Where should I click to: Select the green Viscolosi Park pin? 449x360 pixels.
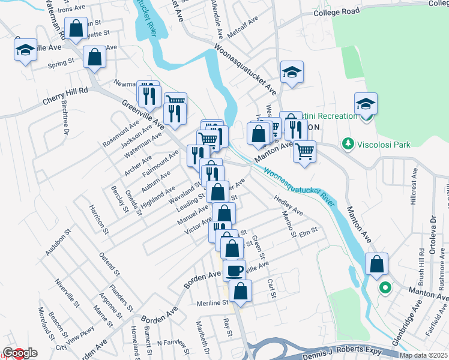point(346,144)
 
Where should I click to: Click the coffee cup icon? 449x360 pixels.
point(234,271)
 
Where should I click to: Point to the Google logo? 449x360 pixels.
point(19,353)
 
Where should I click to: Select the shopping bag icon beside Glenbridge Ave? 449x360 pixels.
point(376,263)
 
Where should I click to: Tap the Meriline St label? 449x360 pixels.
point(210,304)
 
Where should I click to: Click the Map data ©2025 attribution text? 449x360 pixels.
point(423,355)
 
